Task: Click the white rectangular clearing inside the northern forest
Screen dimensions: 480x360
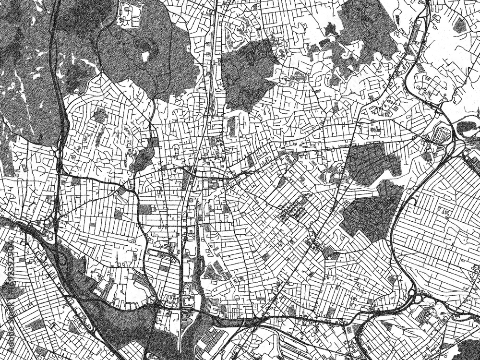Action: coord(145,57)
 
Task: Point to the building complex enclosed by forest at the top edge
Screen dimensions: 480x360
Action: coord(131,14)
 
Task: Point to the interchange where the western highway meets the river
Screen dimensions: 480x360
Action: coord(50,226)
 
